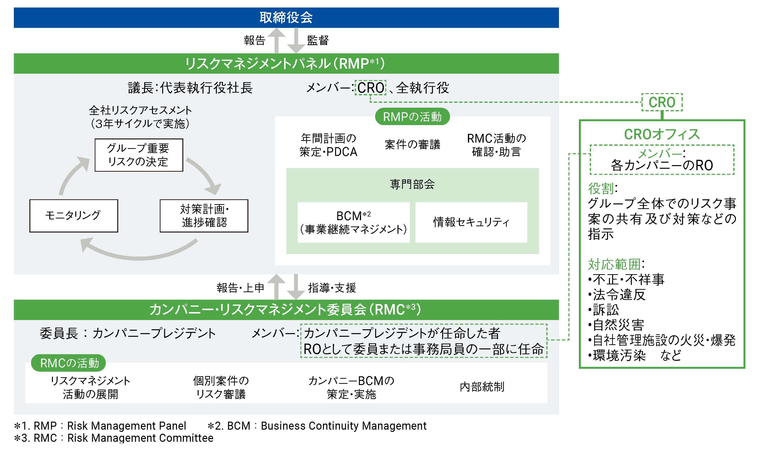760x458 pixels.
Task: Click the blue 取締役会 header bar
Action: pos(286,17)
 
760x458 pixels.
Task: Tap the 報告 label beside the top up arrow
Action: pos(254,40)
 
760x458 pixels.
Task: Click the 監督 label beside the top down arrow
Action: pos(318,40)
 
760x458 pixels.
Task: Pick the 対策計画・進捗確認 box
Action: pos(204,216)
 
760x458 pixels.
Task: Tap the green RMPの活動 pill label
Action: pos(412,117)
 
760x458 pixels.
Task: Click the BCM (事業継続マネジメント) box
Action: pos(354,222)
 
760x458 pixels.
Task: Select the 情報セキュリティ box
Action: pos(471,222)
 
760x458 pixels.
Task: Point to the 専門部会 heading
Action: pos(412,185)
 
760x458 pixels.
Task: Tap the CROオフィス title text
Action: pos(662,134)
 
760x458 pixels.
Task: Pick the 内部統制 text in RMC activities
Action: pos(482,387)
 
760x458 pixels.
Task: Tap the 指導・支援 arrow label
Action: pos(332,288)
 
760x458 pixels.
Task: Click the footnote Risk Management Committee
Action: pos(140,438)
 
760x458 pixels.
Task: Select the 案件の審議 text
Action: pos(412,145)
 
